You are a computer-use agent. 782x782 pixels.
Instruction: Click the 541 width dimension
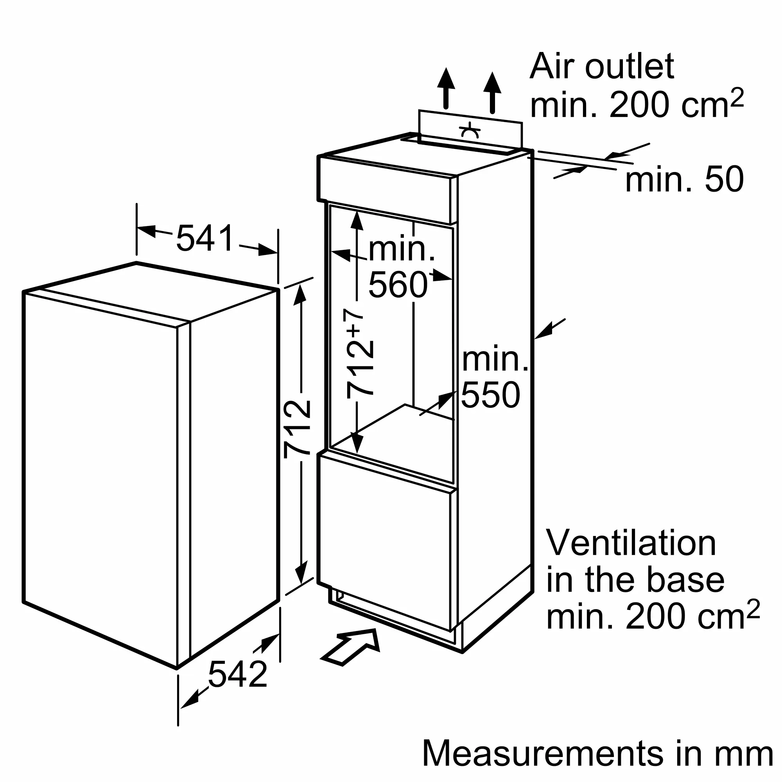click(x=205, y=238)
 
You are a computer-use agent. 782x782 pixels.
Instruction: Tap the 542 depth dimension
click(x=238, y=674)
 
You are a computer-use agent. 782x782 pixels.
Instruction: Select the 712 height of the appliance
click(x=298, y=429)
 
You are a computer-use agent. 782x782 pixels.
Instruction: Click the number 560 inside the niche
click(x=398, y=285)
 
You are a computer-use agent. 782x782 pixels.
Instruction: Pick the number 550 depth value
click(x=491, y=395)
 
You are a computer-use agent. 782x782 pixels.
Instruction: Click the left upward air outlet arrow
click(x=446, y=88)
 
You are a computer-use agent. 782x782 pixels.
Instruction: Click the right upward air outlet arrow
click(x=492, y=93)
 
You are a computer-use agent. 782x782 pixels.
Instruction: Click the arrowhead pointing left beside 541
click(x=146, y=231)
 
